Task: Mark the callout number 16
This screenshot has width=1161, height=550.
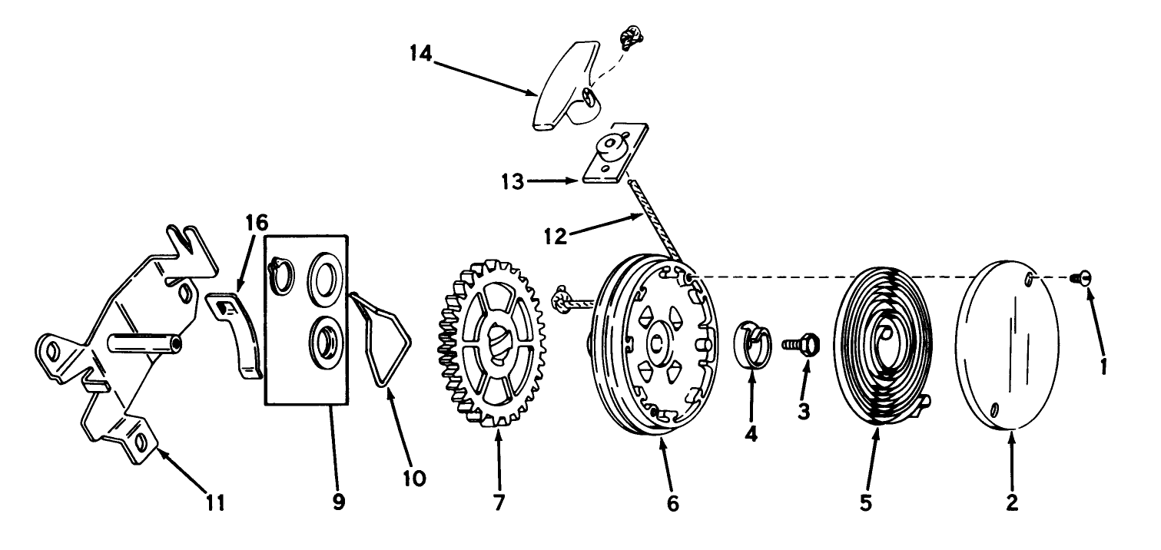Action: click(257, 224)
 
